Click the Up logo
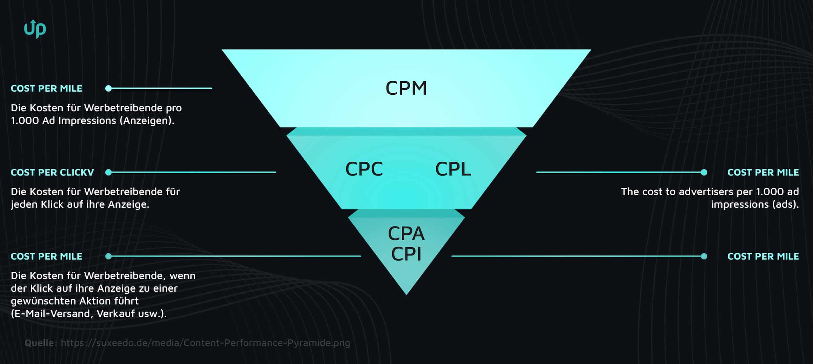pyautogui.click(x=35, y=29)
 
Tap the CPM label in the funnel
pyautogui.click(x=406, y=88)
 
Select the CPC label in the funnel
pyautogui.click(x=364, y=169)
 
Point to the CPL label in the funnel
pyautogui.click(x=453, y=169)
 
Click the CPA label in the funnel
pyautogui.click(x=406, y=233)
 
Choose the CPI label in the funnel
pyautogui.click(x=406, y=254)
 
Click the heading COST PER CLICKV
pyautogui.click(x=52, y=173)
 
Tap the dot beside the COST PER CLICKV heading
pyautogui.click(x=108, y=173)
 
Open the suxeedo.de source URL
pyautogui.click(x=205, y=343)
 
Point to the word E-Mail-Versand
pyautogui.click(x=51, y=314)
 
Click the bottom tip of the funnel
pyautogui.click(x=406, y=293)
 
